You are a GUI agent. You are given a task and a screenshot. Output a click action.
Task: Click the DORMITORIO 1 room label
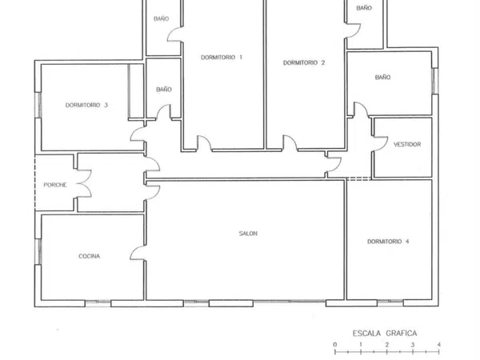[222, 58]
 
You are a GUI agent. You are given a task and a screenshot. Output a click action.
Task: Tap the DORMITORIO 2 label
[304, 62]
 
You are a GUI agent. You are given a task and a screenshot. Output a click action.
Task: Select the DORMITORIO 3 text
[86, 105]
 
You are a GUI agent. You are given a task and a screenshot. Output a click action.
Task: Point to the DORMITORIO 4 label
[388, 242]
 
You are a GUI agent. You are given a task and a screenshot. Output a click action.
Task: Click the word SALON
[248, 234]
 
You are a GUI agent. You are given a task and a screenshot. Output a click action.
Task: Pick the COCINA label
[89, 256]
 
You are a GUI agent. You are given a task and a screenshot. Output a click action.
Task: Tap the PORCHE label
[55, 185]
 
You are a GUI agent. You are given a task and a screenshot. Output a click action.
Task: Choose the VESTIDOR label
[407, 144]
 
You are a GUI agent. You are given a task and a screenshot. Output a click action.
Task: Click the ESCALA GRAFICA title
[385, 334]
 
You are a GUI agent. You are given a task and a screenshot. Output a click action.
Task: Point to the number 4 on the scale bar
[439, 345]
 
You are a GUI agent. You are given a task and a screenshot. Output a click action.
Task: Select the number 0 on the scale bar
[335, 345]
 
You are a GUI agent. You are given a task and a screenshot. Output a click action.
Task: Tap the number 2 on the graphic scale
[387, 345]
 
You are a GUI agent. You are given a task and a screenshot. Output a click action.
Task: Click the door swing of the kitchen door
[133, 252]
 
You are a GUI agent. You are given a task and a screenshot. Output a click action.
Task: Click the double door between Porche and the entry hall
[84, 184]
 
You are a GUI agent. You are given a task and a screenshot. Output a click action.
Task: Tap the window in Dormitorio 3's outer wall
[39, 105]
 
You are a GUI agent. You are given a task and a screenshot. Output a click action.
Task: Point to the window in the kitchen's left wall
[39, 251]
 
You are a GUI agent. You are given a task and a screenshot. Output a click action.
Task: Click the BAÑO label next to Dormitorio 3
[164, 90]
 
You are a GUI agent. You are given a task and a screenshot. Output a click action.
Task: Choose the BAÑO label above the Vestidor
[382, 77]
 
